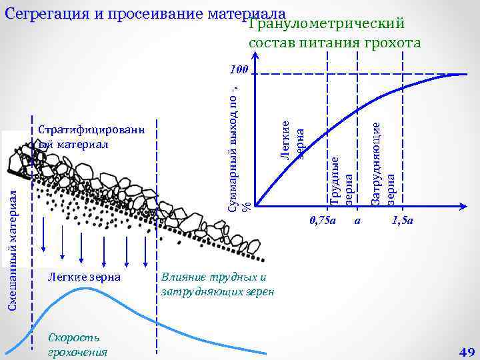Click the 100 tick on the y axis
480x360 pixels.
coord(237,69)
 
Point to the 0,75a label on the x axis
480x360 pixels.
coord(324,220)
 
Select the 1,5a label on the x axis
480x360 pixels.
coord(403,220)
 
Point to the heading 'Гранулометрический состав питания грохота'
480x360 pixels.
coord(334,34)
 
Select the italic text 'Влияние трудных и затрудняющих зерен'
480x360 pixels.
coord(217,285)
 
